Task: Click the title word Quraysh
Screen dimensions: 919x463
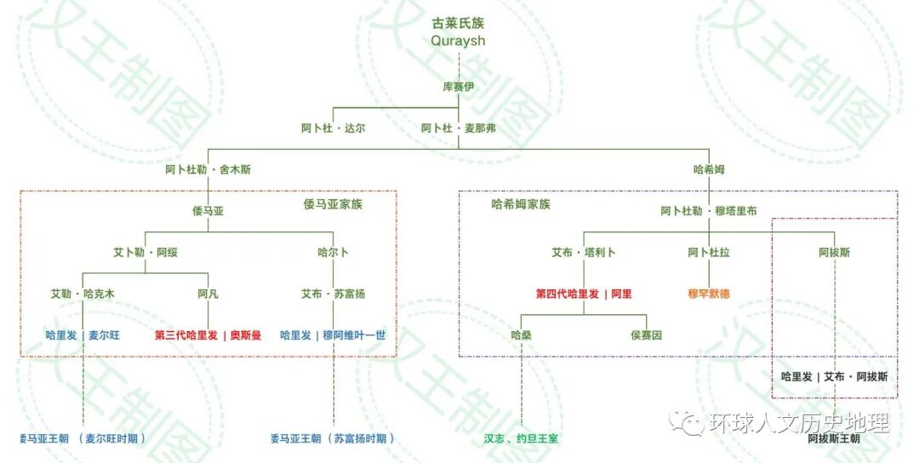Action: point(459,41)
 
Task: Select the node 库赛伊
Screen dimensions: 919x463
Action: point(459,87)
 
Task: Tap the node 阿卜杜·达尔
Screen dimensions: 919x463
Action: point(333,129)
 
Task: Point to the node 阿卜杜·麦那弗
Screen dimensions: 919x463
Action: point(459,129)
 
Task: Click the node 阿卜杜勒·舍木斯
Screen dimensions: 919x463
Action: point(208,169)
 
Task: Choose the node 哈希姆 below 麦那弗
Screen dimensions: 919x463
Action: point(709,169)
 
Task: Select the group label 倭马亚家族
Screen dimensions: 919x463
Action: point(334,204)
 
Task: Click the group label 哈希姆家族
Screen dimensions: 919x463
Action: point(521,204)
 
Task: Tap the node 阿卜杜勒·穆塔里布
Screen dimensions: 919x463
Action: point(709,211)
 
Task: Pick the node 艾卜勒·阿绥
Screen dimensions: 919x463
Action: point(145,253)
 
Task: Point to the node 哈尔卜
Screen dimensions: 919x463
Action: point(334,253)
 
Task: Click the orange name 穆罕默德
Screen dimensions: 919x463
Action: point(709,294)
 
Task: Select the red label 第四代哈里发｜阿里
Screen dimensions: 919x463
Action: point(584,294)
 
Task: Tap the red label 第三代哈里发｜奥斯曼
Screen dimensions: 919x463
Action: point(208,335)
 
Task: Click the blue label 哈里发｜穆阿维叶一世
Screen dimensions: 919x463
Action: point(333,335)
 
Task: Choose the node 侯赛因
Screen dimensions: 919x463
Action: point(647,335)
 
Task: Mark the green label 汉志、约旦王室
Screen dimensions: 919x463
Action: point(521,438)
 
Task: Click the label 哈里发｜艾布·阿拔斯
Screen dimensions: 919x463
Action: point(835,376)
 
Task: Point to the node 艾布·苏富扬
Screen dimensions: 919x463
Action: point(334,294)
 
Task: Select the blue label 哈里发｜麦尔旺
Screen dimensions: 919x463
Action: point(83,335)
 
